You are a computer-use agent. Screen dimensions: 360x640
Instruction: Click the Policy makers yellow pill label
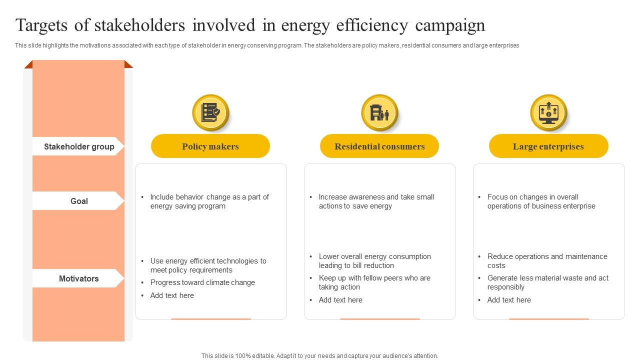pos(210,146)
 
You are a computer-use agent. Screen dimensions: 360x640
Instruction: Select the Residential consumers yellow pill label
pos(379,146)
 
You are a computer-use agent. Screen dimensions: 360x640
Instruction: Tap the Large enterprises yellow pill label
pos(548,146)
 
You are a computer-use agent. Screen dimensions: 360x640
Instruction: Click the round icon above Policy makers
pos(210,113)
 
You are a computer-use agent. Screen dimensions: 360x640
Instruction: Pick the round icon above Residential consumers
pos(379,113)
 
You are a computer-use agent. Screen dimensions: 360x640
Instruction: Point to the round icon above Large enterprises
pos(548,113)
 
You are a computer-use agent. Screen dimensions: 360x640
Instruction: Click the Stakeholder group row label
pos(79,146)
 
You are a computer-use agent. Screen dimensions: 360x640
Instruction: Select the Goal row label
pos(79,201)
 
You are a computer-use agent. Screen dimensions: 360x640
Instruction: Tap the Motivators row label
pos(79,278)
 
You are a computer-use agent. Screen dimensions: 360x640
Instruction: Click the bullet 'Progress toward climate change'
pos(202,282)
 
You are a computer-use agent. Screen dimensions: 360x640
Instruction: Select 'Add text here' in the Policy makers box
pos(172,295)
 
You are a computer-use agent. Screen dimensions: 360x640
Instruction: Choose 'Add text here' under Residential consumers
pos(340,300)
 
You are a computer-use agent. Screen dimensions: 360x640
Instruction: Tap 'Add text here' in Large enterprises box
pos(509,300)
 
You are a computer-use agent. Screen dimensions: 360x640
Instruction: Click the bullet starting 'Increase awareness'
pos(376,201)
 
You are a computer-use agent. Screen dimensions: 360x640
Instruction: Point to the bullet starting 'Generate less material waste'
pos(547,282)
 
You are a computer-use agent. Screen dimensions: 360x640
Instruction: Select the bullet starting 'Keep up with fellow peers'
pos(374,282)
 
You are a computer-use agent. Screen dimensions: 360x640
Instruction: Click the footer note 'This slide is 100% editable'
pos(320,356)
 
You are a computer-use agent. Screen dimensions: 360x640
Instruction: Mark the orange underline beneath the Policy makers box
pos(211,319)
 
